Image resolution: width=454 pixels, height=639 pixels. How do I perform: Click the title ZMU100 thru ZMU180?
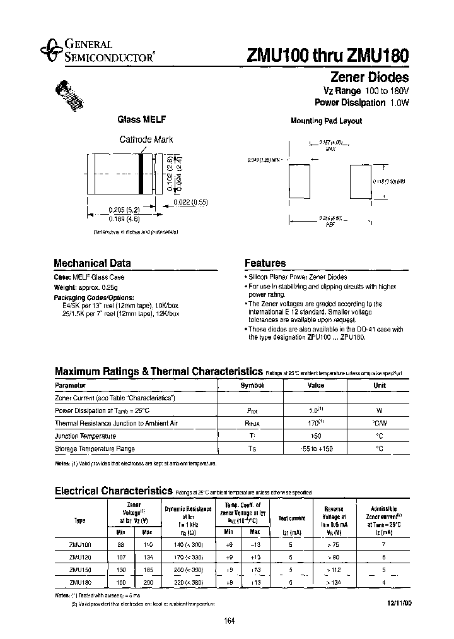(x=325, y=55)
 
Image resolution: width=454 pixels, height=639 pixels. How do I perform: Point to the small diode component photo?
(x=71, y=94)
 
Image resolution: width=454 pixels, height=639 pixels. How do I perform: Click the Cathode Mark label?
(x=146, y=140)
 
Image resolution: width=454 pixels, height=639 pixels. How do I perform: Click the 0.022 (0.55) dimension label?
(x=190, y=202)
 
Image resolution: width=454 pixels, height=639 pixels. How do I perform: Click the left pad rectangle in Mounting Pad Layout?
(x=299, y=183)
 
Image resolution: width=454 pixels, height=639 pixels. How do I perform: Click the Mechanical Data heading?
(x=92, y=263)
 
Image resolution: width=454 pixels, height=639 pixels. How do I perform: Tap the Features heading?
(x=265, y=263)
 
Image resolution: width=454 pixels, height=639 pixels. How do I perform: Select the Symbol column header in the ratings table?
(x=251, y=385)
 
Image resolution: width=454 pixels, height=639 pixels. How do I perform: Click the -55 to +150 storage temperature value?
(x=315, y=449)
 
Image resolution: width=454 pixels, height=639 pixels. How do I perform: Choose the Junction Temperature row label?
(x=85, y=436)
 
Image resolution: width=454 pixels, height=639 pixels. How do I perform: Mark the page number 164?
(x=229, y=622)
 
